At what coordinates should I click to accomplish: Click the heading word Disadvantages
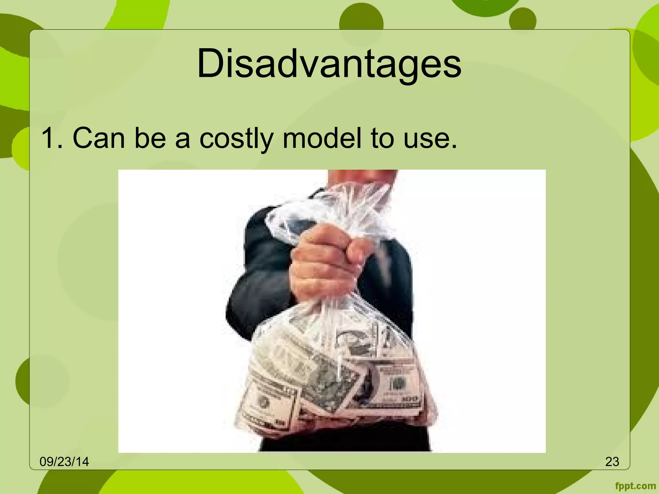point(329,64)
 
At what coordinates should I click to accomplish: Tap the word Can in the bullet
point(99,138)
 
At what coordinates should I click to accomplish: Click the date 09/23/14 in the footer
point(64,462)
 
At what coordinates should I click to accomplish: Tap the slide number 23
point(612,462)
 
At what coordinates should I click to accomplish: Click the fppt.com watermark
point(635,486)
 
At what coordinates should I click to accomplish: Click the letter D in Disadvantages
point(209,64)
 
